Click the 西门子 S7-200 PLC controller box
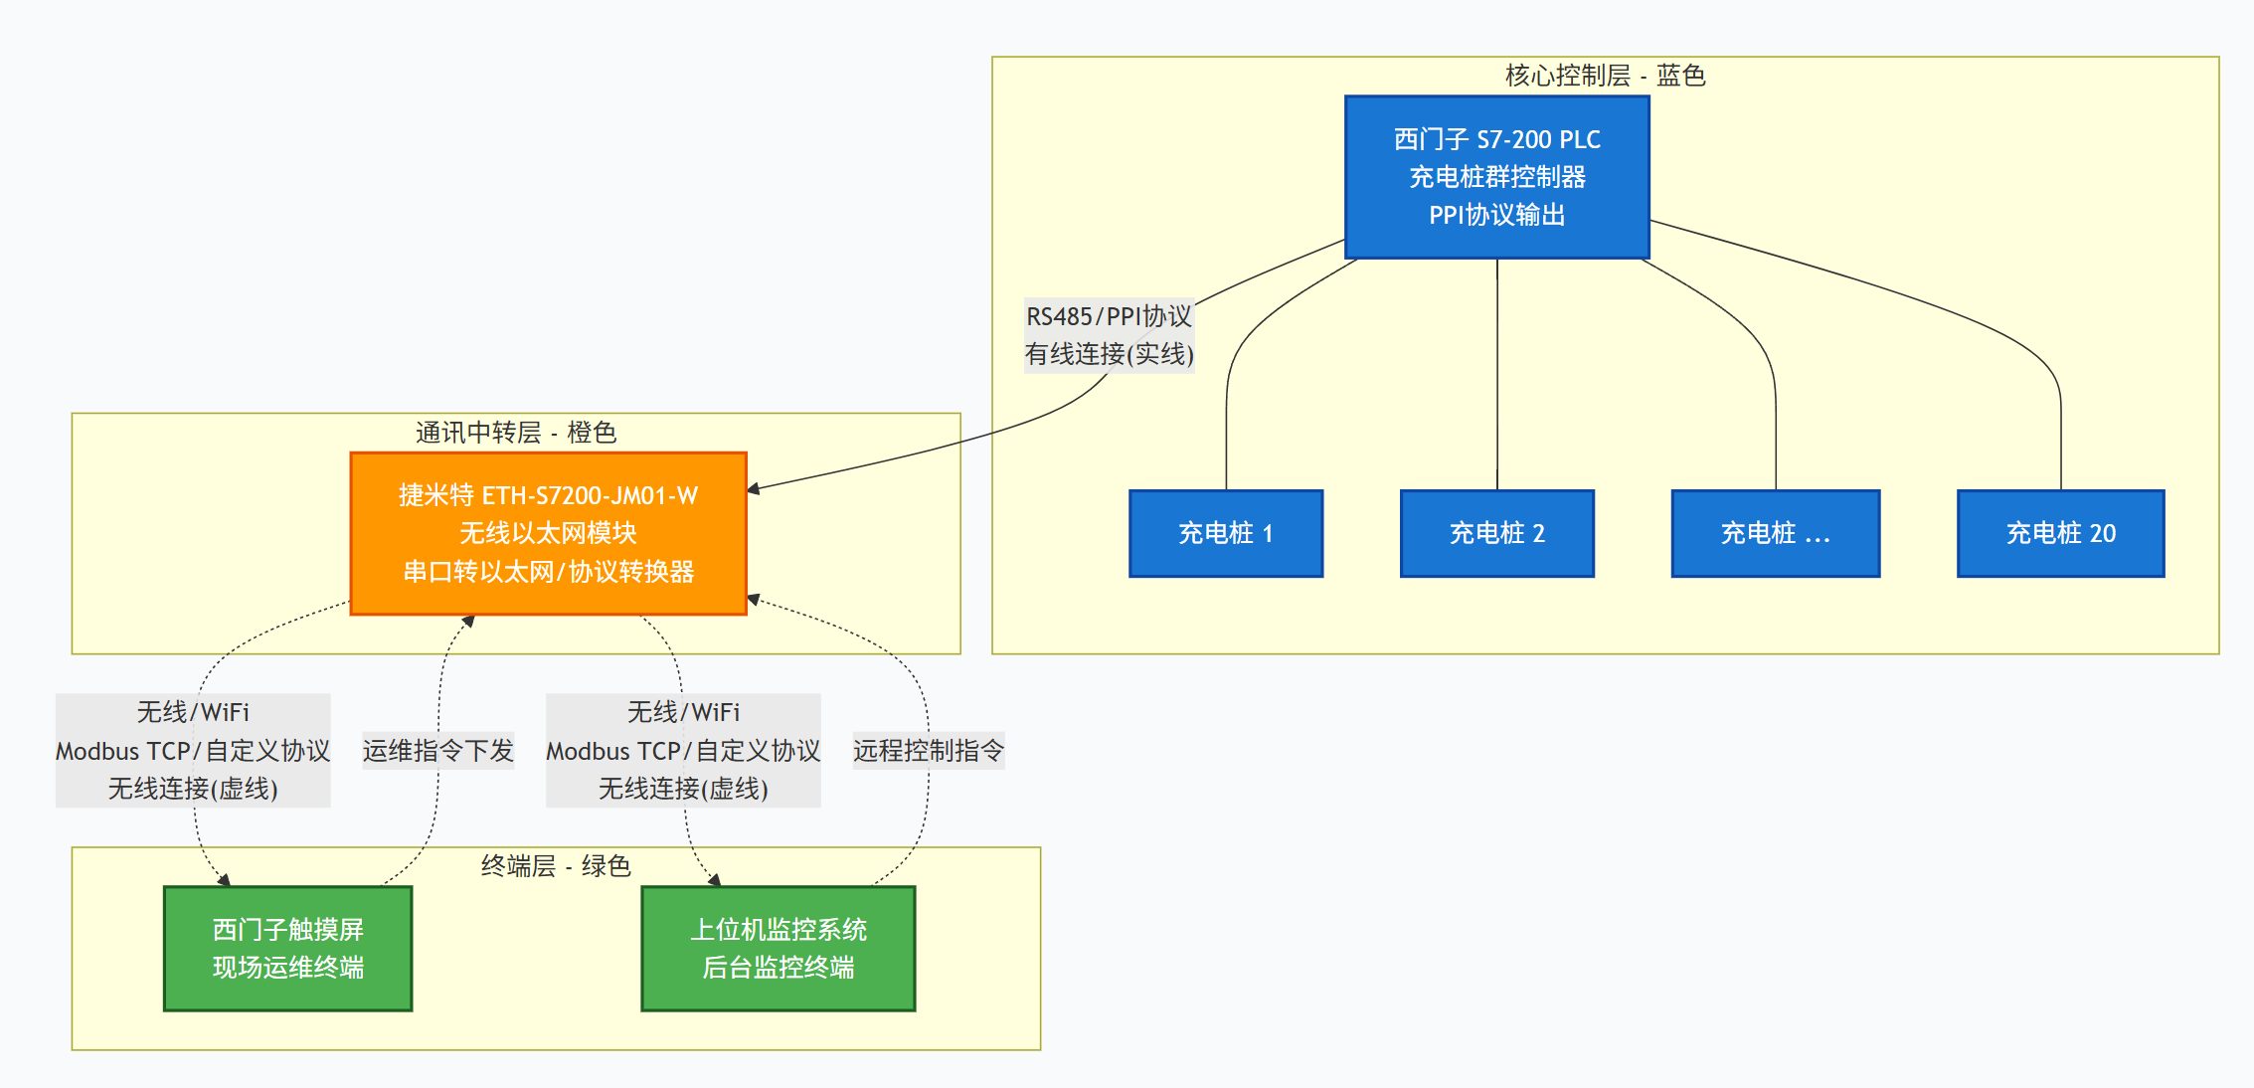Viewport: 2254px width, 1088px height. pos(1496,177)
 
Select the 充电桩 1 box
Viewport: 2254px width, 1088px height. pos(1225,533)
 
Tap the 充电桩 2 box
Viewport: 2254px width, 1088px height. pos(1496,533)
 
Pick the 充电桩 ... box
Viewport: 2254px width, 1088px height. pos(1775,533)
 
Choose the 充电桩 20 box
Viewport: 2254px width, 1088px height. pos(2060,533)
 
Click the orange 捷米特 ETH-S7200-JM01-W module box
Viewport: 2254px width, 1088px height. pos(548,533)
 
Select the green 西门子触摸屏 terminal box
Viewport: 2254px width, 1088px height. pos(287,948)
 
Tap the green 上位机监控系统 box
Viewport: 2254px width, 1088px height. pos(778,948)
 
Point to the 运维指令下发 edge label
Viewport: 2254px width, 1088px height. pos(437,750)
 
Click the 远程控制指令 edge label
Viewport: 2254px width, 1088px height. pos(928,750)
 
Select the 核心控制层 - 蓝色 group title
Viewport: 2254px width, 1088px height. pos(1604,76)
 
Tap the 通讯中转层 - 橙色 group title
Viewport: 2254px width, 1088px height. pos(515,433)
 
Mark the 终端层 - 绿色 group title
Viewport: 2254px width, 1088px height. pos(555,866)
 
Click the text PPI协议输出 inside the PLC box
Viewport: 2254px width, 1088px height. pos(1496,215)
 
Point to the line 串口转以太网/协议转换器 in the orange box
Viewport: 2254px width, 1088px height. pos(548,572)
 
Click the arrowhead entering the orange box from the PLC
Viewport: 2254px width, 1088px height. pos(754,488)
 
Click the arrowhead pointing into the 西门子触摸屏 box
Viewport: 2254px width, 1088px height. pos(225,880)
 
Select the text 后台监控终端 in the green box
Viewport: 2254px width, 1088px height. pos(778,967)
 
